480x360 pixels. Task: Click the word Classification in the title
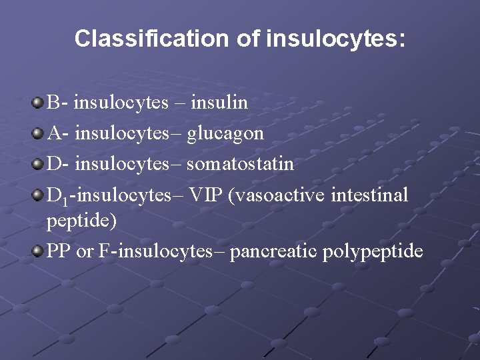point(152,39)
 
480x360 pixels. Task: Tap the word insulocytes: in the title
point(335,39)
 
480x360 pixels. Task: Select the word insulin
point(219,103)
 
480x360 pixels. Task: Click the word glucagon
point(225,133)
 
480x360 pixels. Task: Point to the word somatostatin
point(240,164)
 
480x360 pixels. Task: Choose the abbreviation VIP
point(204,195)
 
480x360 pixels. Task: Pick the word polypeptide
point(373,251)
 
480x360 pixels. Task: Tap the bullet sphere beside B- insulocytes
point(38,103)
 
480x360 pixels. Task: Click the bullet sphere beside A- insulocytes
point(38,133)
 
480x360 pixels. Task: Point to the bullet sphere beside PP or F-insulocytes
point(38,251)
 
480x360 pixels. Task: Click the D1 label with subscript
point(57,196)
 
